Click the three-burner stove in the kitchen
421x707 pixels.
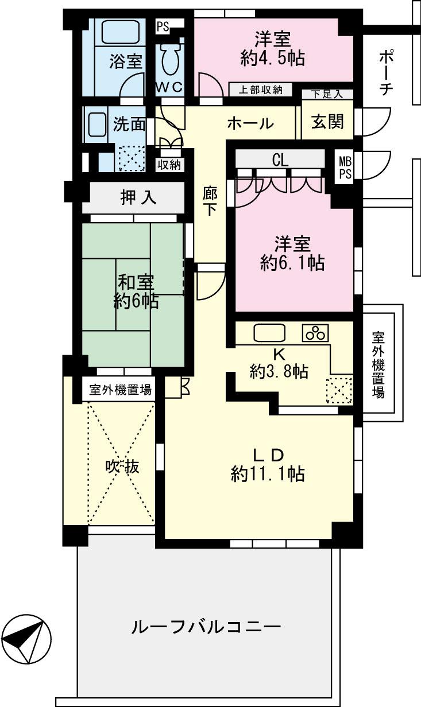pyautogui.click(x=315, y=333)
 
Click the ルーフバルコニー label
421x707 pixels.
pyautogui.click(x=206, y=626)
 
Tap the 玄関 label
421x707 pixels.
pyautogui.click(x=327, y=122)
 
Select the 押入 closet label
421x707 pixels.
pyautogui.click(x=138, y=197)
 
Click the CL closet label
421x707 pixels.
pyautogui.click(x=280, y=160)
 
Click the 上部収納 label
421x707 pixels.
pyautogui.click(x=261, y=90)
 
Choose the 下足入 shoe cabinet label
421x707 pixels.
pyautogui.click(x=327, y=94)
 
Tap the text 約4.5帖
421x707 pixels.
pyautogui.click(x=273, y=57)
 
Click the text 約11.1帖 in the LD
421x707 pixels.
pyautogui.click(x=268, y=474)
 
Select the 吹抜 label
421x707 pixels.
pyautogui.click(x=122, y=467)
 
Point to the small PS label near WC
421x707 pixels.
pyautogui.click(x=163, y=26)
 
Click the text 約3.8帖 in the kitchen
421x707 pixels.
pyautogui.click(x=279, y=372)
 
